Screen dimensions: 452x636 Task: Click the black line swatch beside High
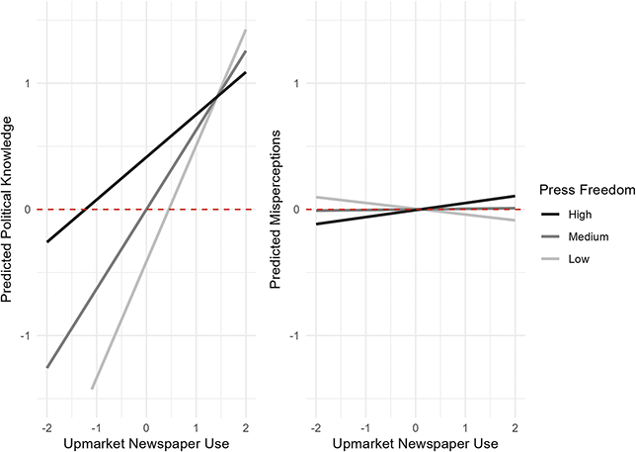549,213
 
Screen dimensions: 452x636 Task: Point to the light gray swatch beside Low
549,260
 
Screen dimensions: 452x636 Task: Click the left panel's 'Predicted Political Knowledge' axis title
9,210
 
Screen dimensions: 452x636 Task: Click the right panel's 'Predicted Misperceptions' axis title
278,210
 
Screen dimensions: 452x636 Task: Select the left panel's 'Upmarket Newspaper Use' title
146,442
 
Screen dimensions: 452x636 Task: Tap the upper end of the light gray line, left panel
245,30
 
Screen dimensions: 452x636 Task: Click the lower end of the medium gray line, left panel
46,367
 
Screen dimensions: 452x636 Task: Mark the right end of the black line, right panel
516,196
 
